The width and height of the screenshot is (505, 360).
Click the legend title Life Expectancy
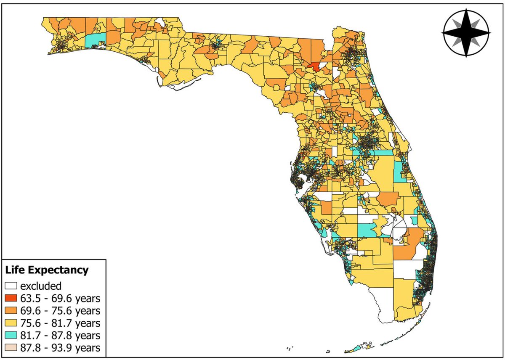pyautogui.click(x=47, y=270)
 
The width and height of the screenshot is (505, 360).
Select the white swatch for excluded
pyautogui.click(x=11, y=286)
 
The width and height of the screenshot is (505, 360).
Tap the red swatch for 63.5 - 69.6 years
pyautogui.click(x=11, y=299)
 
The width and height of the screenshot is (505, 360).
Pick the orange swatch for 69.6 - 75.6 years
pyautogui.click(x=11, y=311)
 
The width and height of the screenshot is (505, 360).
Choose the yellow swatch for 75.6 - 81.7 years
pyautogui.click(x=11, y=323)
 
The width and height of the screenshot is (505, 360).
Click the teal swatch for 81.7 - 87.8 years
pyautogui.click(x=11, y=336)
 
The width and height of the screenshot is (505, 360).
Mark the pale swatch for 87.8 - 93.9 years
pyautogui.click(x=11, y=348)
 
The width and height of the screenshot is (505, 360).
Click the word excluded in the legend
pyautogui.click(x=41, y=286)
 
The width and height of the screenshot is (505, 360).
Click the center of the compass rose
pyautogui.click(x=466, y=32)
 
